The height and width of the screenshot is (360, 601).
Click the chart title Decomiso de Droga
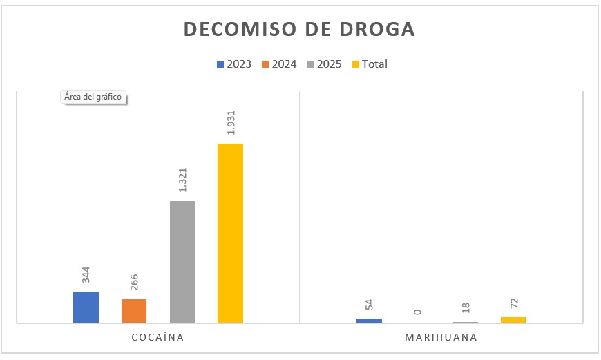[299, 29]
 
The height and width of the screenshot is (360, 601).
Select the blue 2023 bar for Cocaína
[86, 307]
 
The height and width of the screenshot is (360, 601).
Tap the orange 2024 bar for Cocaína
[134, 310]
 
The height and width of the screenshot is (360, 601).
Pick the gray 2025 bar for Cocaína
[182, 262]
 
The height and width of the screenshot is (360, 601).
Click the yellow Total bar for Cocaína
[230, 233]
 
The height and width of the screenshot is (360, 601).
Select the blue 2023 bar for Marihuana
[369, 320]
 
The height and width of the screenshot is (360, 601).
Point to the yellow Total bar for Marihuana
[513, 319]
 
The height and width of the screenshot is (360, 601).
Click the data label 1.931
[231, 124]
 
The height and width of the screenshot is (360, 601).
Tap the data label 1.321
[183, 181]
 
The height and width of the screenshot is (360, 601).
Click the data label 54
[370, 305]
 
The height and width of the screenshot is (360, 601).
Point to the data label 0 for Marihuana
[417, 312]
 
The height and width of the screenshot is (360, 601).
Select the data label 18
[466, 308]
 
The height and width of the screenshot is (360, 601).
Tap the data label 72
[514, 303]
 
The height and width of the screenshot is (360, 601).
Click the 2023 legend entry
[234, 64]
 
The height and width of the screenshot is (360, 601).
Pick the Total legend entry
[370, 64]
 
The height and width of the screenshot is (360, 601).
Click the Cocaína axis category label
[158, 338]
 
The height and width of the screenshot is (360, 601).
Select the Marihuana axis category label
[441, 338]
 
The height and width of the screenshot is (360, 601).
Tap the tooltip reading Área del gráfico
[93, 97]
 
